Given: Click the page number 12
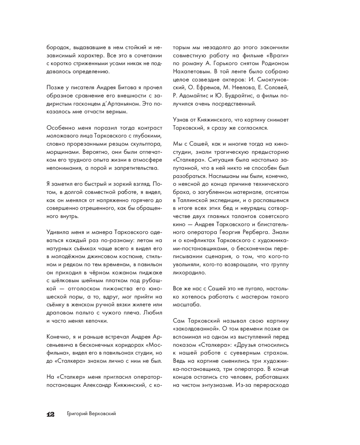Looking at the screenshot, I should [50, 414].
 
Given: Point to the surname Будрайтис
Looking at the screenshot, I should [235, 96].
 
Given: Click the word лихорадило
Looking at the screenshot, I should [190, 273].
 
